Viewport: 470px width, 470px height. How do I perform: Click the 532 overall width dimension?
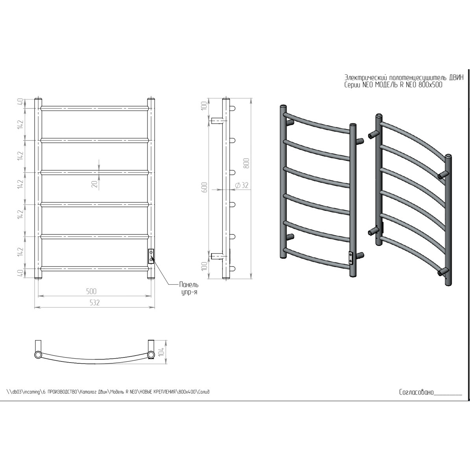(x=94, y=303)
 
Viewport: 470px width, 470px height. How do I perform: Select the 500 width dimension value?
(x=91, y=291)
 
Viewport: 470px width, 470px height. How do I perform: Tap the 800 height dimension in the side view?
(x=247, y=163)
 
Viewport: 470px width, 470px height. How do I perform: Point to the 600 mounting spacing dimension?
(x=205, y=187)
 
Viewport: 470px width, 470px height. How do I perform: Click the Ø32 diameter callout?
(x=242, y=186)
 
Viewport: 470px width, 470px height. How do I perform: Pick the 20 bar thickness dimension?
(x=95, y=184)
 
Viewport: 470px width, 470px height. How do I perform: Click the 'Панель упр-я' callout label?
(x=189, y=288)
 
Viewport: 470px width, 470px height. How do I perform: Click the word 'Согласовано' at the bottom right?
(x=417, y=392)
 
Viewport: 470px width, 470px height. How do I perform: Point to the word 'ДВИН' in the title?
(x=456, y=77)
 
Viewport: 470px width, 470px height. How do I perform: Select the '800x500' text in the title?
(x=430, y=85)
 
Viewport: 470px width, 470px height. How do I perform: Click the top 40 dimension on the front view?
(x=21, y=103)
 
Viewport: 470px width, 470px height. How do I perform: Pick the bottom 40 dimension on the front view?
(x=21, y=273)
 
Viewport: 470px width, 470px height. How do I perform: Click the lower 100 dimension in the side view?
(x=205, y=266)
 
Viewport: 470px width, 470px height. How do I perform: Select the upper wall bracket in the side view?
(x=217, y=121)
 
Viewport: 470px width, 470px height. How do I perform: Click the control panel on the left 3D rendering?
(x=350, y=258)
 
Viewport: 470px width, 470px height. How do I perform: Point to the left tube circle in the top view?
(x=38, y=355)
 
